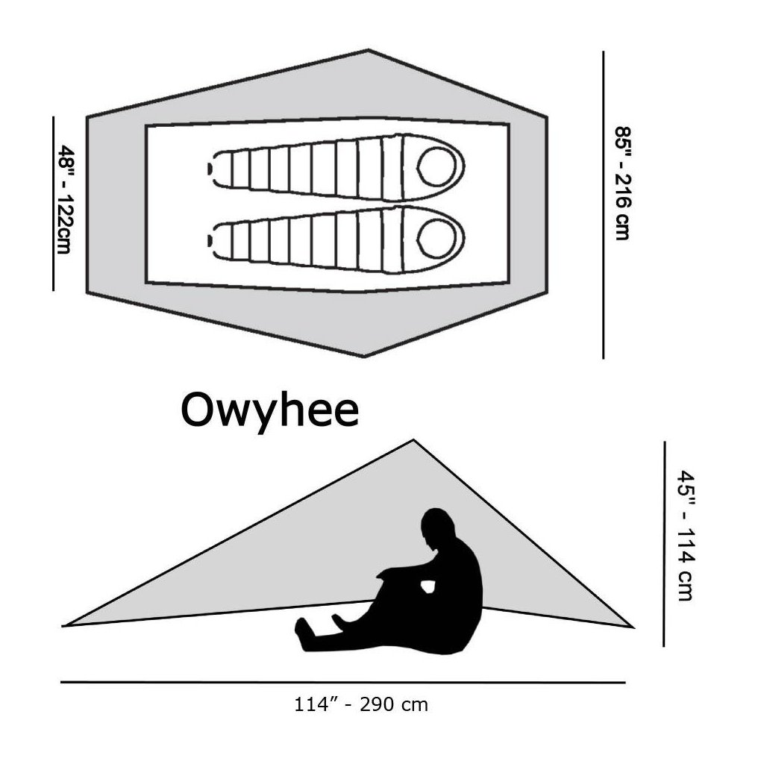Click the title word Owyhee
point(269,411)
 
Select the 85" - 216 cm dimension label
point(621,183)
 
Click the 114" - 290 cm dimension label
point(360,704)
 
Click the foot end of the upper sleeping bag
point(212,169)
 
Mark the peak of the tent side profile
point(413,441)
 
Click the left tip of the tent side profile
point(64,625)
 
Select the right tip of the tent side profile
point(632,627)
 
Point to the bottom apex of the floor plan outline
point(364,357)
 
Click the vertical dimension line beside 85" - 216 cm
point(603,204)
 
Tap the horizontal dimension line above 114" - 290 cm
point(343,682)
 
